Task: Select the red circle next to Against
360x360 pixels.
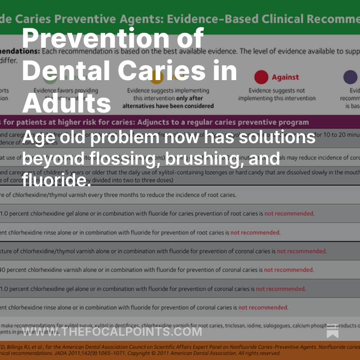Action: pos(261,77)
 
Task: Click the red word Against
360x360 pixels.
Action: pos(285,77)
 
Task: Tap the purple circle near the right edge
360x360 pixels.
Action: pos(350,77)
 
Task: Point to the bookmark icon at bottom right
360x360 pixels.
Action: pos(333,331)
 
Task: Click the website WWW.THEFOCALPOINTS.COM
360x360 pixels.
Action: pos(112,332)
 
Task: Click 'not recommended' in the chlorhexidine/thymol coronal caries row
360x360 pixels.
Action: pos(301,251)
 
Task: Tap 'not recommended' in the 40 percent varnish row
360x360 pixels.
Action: pos(289,270)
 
